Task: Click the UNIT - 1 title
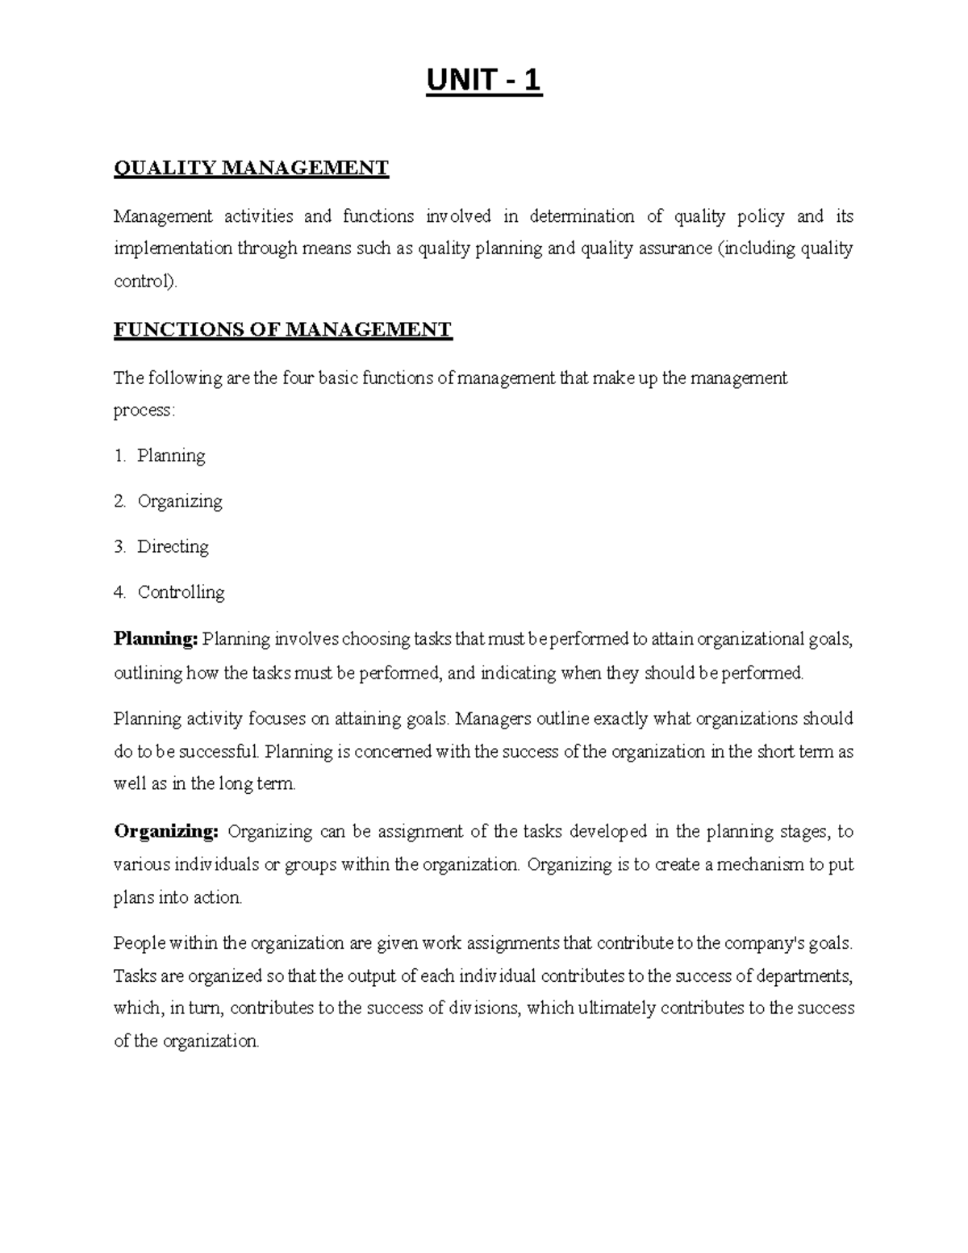[484, 81]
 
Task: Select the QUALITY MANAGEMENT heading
[251, 168]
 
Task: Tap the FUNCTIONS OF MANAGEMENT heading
[282, 329]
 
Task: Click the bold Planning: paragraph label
[156, 639]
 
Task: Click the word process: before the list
[144, 410]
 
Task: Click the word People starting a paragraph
[138, 942]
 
